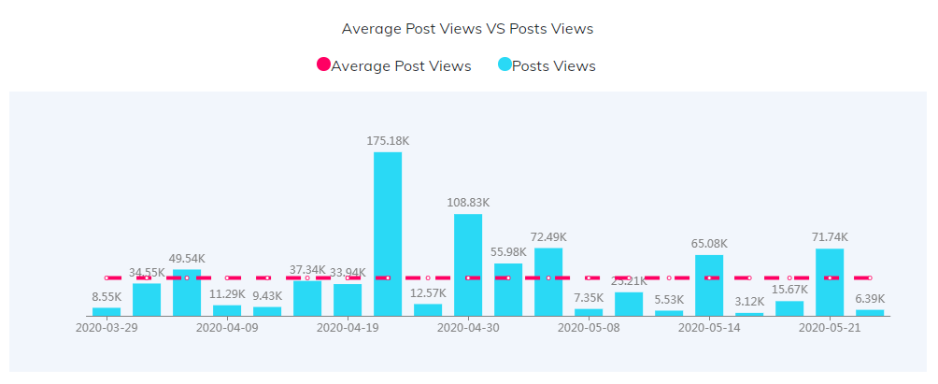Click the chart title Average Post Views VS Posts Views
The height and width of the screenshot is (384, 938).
coord(467,28)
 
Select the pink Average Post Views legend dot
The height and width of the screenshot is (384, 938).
coord(323,65)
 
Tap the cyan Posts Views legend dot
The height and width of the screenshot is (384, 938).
coord(505,65)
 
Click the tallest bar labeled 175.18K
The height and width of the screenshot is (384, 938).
coord(388,234)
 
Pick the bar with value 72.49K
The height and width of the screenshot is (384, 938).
coord(548,281)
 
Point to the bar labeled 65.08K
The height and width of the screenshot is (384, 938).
coord(709,285)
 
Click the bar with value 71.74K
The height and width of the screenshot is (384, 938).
coord(830,282)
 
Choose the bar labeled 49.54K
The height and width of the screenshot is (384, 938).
coord(187,292)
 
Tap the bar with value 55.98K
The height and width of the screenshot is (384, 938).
coord(508,290)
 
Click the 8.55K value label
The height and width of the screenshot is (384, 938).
coord(107,297)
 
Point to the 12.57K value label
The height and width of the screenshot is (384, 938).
coord(428,293)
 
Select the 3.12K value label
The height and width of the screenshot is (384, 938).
coord(749,302)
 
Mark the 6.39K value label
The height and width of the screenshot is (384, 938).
coord(870,299)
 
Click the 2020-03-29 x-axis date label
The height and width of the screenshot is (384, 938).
coord(107,328)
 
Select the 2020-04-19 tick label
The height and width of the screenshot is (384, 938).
coord(348,328)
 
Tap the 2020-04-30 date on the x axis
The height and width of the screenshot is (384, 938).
coord(468,328)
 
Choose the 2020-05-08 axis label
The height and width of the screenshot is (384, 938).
coord(589,328)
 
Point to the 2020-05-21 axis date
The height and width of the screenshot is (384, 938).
coord(830,328)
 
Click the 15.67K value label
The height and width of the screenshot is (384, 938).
coord(789,291)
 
